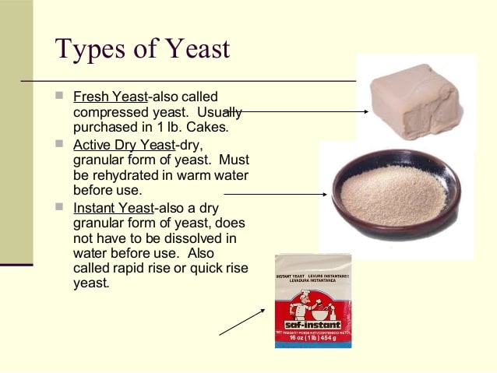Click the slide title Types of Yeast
click(143, 48)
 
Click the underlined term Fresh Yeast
click(109, 97)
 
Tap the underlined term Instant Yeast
click(114, 208)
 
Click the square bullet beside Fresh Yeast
click(59, 97)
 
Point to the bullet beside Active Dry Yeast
click(59, 144)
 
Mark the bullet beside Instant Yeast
click(59, 207)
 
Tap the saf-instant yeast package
click(312, 301)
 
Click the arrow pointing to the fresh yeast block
click(296, 111)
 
